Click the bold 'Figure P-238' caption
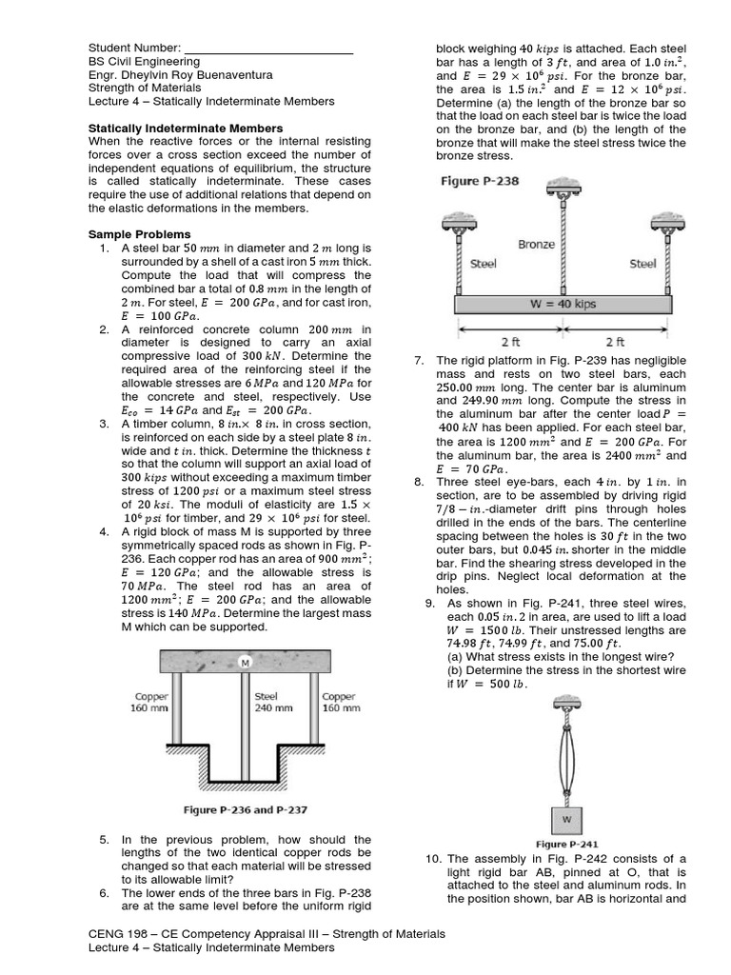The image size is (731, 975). (x=479, y=180)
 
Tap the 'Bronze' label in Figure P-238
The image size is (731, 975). (x=536, y=244)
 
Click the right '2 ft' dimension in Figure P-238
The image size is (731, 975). (x=615, y=340)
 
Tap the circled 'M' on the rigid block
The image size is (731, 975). (x=245, y=663)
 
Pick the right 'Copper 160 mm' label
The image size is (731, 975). (x=341, y=702)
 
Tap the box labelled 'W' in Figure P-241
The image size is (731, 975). (x=567, y=818)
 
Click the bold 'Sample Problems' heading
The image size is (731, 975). (x=139, y=234)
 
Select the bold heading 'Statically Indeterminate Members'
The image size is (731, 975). (x=185, y=128)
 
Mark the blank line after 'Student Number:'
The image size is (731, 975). (x=267, y=50)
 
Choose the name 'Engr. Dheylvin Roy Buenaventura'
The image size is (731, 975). (x=180, y=74)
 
